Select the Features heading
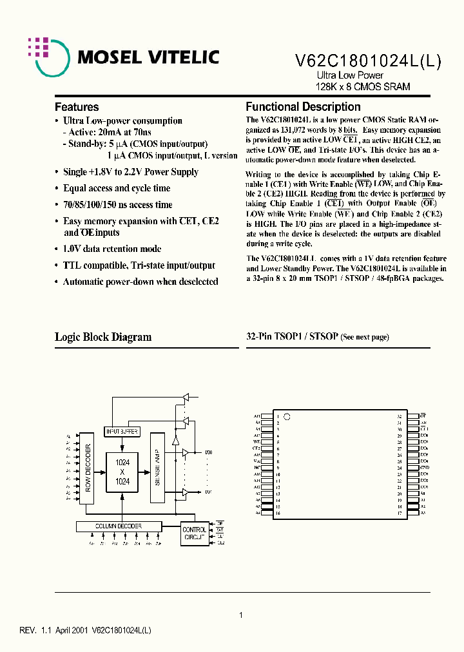(77, 107)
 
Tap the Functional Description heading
(303, 107)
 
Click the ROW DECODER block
(89, 466)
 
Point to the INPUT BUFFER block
(121, 431)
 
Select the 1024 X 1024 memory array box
(122, 472)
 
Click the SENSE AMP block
(158, 467)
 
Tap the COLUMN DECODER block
(119, 526)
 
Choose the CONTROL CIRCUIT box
(194, 533)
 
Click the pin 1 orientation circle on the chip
(288, 416)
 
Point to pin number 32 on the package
(400, 416)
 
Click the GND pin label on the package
(423, 468)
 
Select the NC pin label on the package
(257, 468)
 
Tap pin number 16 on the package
(278, 513)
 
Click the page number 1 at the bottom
(241, 615)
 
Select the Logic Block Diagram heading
(103, 337)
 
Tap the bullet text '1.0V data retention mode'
(112, 249)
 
